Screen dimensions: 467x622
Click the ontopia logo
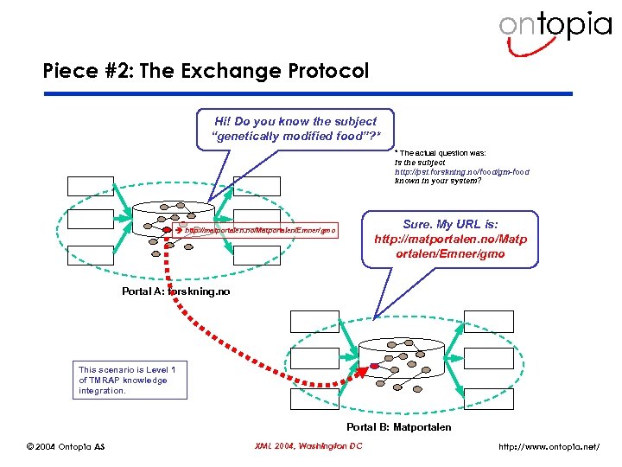pyautogui.click(x=554, y=29)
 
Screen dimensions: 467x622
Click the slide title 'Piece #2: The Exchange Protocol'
pyautogui.click(x=206, y=71)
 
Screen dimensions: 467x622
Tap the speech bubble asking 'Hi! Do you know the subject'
pyautogui.click(x=293, y=129)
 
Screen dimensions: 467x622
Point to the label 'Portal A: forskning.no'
pyautogui.click(x=176, y=291)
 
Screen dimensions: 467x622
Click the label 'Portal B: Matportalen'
pyautogui.click(x=398, y=426)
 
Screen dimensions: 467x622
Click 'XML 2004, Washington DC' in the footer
pyautogui.click(x=308, y=446)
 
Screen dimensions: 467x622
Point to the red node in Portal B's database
pyautogui.click(x=373, y=367)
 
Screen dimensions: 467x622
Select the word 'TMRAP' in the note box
pyautogui.click(x=102, y=380)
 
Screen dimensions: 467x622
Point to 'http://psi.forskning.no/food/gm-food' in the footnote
pyautogui.click(x=461, y=171)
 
